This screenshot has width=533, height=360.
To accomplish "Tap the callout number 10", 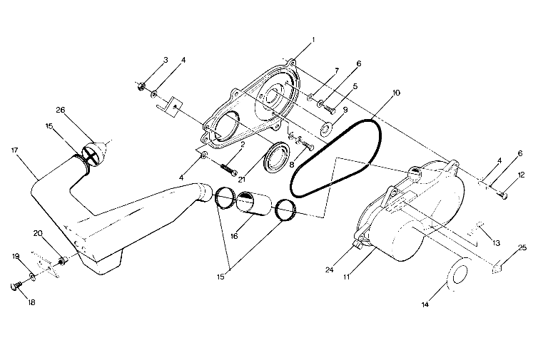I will [396, 93].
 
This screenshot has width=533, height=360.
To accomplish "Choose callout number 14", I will [425, 304].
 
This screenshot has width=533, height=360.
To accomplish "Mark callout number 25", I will [523, 247].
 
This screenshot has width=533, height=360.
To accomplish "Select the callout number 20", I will [38, 233].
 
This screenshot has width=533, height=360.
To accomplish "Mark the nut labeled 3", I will [141, 87].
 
